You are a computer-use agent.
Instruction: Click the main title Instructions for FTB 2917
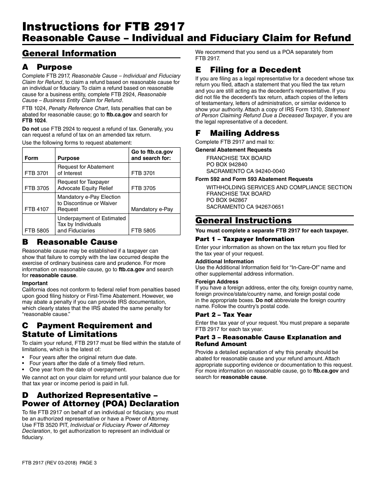tap(103, 27)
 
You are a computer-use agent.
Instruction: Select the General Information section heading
tap(69, 53)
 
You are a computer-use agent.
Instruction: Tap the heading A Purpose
tap(47, 67)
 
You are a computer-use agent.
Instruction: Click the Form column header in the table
tap(31, 158)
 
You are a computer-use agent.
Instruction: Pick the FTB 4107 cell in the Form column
tap(37, 209)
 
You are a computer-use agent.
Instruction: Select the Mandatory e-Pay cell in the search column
tap(152, 209)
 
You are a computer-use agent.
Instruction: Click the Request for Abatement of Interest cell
tap(85, 170)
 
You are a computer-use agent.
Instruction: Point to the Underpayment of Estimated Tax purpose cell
tap(91, 224)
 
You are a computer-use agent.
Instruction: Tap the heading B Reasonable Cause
tap(70, 242)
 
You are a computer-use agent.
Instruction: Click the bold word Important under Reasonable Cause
tap(35, 283)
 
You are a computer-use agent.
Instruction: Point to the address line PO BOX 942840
tap(227, 164)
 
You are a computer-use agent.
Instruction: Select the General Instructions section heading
tap(243, 221)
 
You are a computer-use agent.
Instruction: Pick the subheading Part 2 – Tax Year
tap(223, 314)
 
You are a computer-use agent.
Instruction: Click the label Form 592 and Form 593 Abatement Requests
tap(254, 179)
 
